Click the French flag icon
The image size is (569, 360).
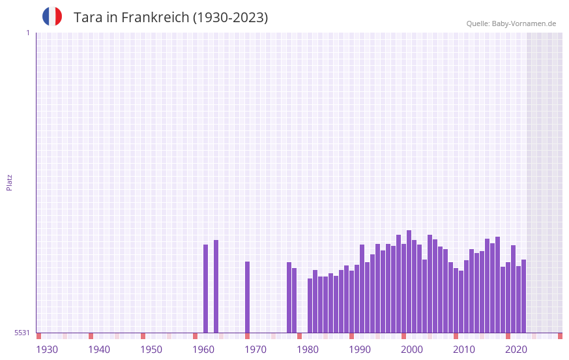52,16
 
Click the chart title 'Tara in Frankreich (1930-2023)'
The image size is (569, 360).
171,18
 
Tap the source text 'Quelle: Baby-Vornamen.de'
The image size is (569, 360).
511,23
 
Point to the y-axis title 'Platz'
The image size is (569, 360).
9,182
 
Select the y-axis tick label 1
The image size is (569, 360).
27,33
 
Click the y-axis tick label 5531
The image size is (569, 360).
22,333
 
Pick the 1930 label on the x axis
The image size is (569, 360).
47,350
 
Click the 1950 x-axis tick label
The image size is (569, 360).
151,350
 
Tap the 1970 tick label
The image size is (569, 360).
255,350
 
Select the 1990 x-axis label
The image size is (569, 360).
360,350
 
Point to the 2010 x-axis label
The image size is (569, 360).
464,350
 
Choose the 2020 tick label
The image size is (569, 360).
516,350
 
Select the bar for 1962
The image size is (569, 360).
216,286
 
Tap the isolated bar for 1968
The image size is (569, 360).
248,297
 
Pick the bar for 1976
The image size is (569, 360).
289,297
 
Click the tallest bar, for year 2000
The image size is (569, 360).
409,281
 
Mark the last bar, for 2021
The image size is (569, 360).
523,296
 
